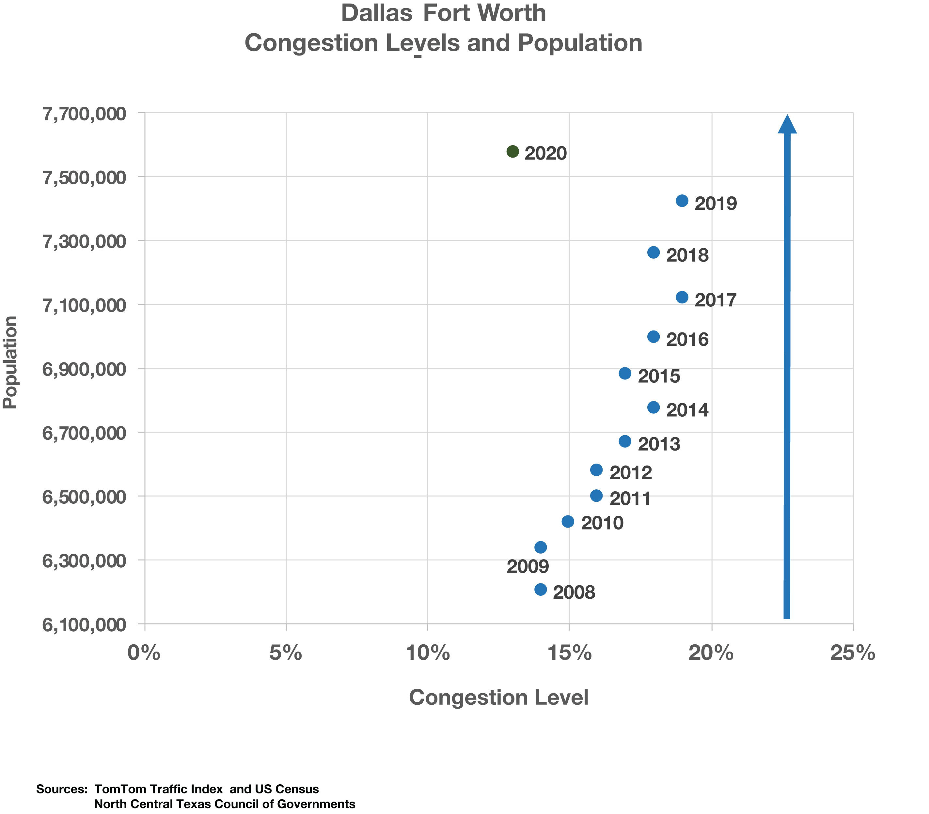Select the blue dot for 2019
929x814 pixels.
tap(682, 201)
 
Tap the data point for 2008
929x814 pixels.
tap(541, 590)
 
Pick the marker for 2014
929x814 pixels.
tap(653, 407)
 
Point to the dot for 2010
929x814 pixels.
tap(568, 521)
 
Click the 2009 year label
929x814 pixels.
tap(528, 567)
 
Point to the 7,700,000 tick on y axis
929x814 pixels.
tap(84, 114)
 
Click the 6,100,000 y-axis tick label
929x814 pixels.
tap(84, 625)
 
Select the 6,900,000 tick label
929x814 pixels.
tap(84, 369)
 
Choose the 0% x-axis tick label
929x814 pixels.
tap(145, 653)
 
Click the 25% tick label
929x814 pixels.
tap(853, 653)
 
